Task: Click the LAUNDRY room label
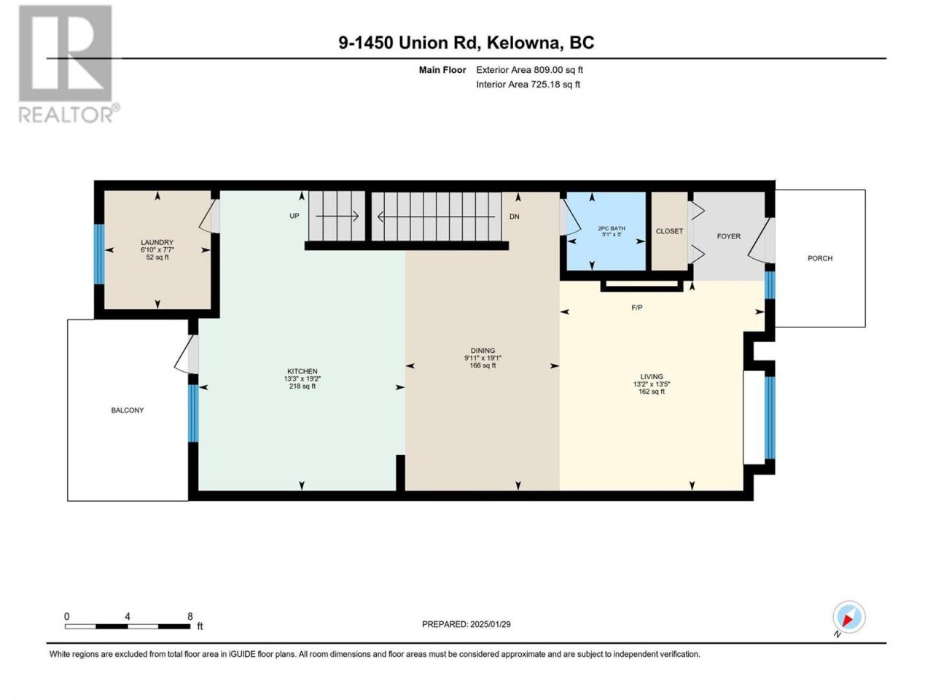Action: point(157,242)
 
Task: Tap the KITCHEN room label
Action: point(302,371)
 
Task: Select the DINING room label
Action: point(483,350)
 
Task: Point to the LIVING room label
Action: point(651,376)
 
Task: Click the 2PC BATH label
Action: point(612,228)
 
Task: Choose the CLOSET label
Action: point(669,231)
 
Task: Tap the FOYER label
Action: point(729,236)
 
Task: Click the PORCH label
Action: point(820,258)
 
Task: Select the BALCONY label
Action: point(128,410)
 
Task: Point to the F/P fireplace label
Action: point(637,307)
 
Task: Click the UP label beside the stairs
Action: point(294,216)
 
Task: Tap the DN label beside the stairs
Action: point(515,217)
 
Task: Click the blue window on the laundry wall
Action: point(99,254)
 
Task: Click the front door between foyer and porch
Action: point(761,241)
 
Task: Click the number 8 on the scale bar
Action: point(190,616)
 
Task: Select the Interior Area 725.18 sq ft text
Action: point(528,84)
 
